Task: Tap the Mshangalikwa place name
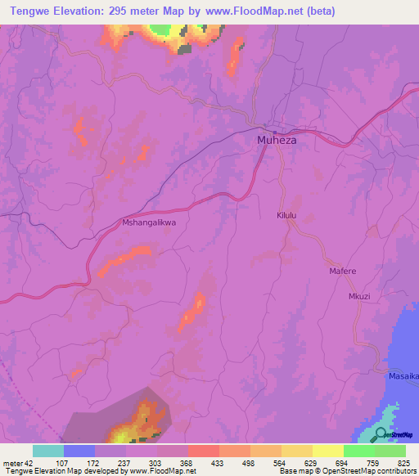click(x=149, y=222)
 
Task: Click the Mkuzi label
click(x=360, y=296)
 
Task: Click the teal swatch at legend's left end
click(x=48, y=451)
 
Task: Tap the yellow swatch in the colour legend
click(x=328, y=451)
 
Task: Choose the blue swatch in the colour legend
click(x=79, y=451)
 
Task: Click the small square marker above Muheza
click(x=275, y=129)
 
